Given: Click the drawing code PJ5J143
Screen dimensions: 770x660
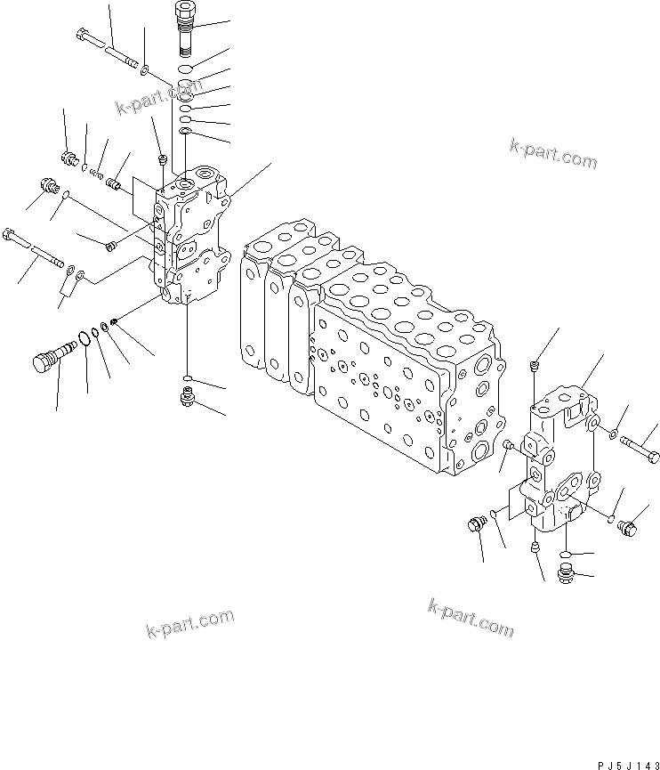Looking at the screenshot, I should pos(622,763).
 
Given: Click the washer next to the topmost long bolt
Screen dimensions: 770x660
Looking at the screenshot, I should pos(145,68).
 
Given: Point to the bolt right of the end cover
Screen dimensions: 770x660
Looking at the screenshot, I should pos(640,448).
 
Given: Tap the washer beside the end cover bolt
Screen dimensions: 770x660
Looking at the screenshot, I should pos(613,434).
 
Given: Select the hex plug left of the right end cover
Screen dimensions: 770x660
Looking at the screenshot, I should pos(474,525).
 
